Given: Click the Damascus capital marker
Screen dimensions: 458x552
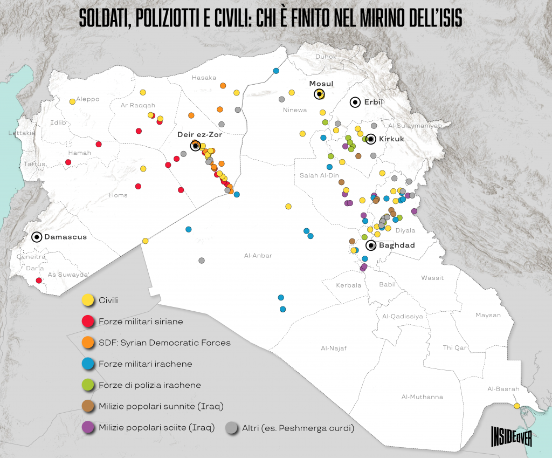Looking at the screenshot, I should [37, 237].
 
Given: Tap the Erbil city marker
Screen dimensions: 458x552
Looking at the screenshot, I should [355, 102].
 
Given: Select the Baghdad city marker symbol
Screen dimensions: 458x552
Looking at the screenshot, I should [371, 245].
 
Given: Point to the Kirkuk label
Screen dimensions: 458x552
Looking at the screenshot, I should [392, 139].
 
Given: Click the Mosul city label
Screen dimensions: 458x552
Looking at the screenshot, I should [321, 84].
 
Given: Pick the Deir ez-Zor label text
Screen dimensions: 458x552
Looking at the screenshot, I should [199, 134].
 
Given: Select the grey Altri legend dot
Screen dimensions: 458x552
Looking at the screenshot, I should [232, 428].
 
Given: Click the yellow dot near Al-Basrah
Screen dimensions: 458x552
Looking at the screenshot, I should [517, 406].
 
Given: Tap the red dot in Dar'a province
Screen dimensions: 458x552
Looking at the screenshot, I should [38, 281].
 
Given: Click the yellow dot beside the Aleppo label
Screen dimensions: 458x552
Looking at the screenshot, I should [72, 101].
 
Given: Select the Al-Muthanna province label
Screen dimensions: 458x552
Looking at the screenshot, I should [422, 397].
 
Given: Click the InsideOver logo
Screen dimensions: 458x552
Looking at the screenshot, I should [512, 435].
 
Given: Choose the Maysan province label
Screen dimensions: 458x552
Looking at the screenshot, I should [488, 315].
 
